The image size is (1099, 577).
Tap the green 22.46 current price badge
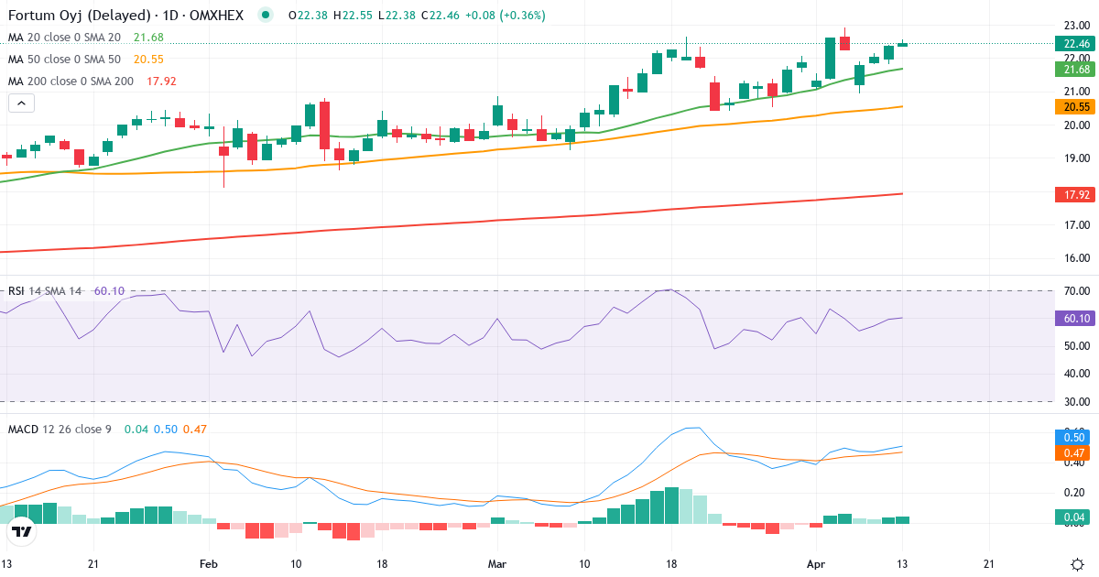point(1072,43)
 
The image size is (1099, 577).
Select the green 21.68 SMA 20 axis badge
point(1072,70)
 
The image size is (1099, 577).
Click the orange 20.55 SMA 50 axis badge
point(1072,107)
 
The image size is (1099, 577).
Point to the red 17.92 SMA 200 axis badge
point(1072,194)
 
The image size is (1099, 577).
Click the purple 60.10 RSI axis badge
point(1072,318)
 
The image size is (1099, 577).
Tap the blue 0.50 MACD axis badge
point(1072,438)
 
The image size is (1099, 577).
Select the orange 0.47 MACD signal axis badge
point(1072,452)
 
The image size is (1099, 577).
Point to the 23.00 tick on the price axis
point(1072,25)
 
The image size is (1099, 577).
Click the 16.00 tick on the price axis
point(1072,258)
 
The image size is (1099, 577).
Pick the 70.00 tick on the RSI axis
point(1072,291)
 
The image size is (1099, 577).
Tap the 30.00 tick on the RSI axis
point(1072,401)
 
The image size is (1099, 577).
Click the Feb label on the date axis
point(209,563)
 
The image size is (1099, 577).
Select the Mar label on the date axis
point(497,563)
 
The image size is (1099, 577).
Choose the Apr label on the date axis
point(815,563)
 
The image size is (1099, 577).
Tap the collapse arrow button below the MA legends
point(21,103)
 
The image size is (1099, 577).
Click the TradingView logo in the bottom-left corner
point(22,531)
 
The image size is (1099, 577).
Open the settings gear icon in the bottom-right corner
point(1078,563)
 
